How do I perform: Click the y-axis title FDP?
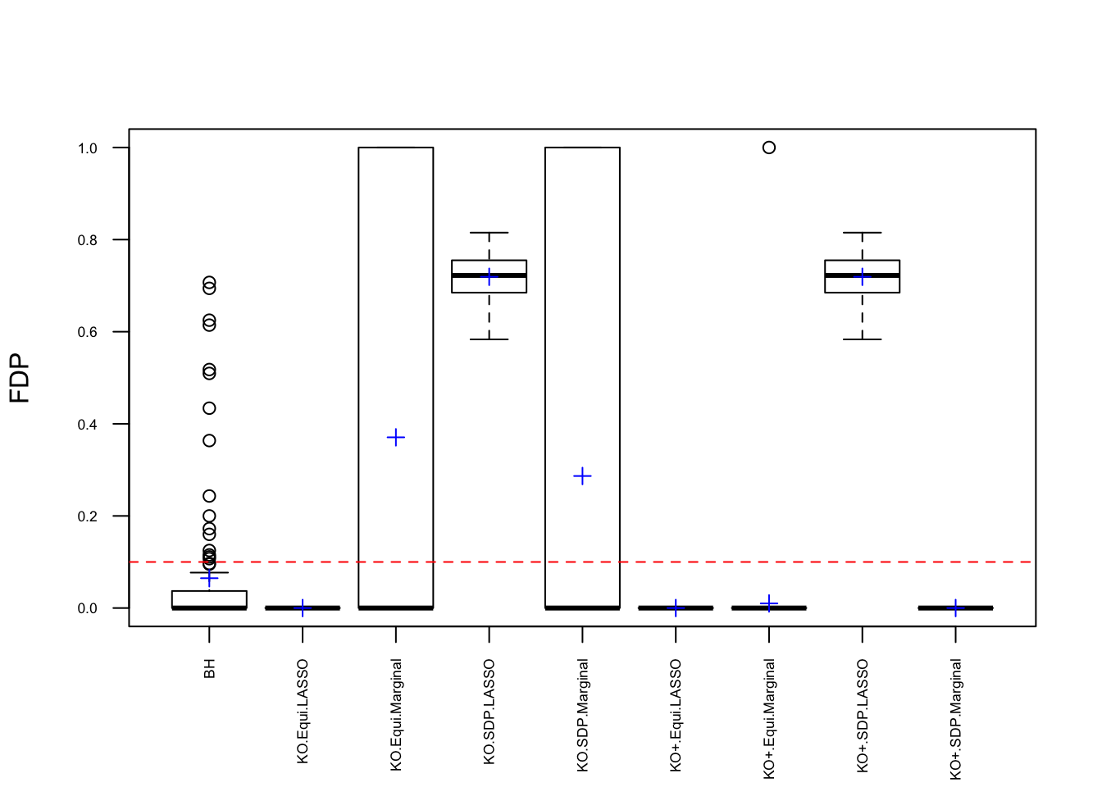(x=20, y=378)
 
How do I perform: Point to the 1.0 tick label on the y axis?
(x=87, y=148)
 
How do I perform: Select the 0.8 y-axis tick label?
(x=87, y=240)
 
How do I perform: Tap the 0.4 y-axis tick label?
(x=87, y=425)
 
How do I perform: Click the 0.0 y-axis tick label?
(x=87, y=608)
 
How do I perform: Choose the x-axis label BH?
(x=210, y=669)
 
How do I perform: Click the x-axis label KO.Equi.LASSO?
(x=303, y=712)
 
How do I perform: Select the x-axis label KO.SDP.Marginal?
(x=583, y=715)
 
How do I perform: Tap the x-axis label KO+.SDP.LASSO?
(x=863, y=716)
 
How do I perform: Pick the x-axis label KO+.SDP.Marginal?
(x=956, y=719)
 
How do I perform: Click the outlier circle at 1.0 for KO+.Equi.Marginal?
(x=769, y=148)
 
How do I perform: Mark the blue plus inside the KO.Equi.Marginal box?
(x=396, y=438)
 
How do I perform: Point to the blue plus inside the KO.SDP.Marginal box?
(x=582, y=476)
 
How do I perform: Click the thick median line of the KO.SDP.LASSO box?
(x=490, y=275)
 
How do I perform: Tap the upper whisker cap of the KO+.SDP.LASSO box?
(x=863, y=233)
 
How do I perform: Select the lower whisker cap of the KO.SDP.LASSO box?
(x=490, y=339)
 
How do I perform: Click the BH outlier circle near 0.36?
(x=209, y=441)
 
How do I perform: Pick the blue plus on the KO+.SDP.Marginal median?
(x=955, y=608)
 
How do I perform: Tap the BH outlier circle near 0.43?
(x=209, y=408)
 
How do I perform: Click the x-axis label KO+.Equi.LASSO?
(x=676, y=715)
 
